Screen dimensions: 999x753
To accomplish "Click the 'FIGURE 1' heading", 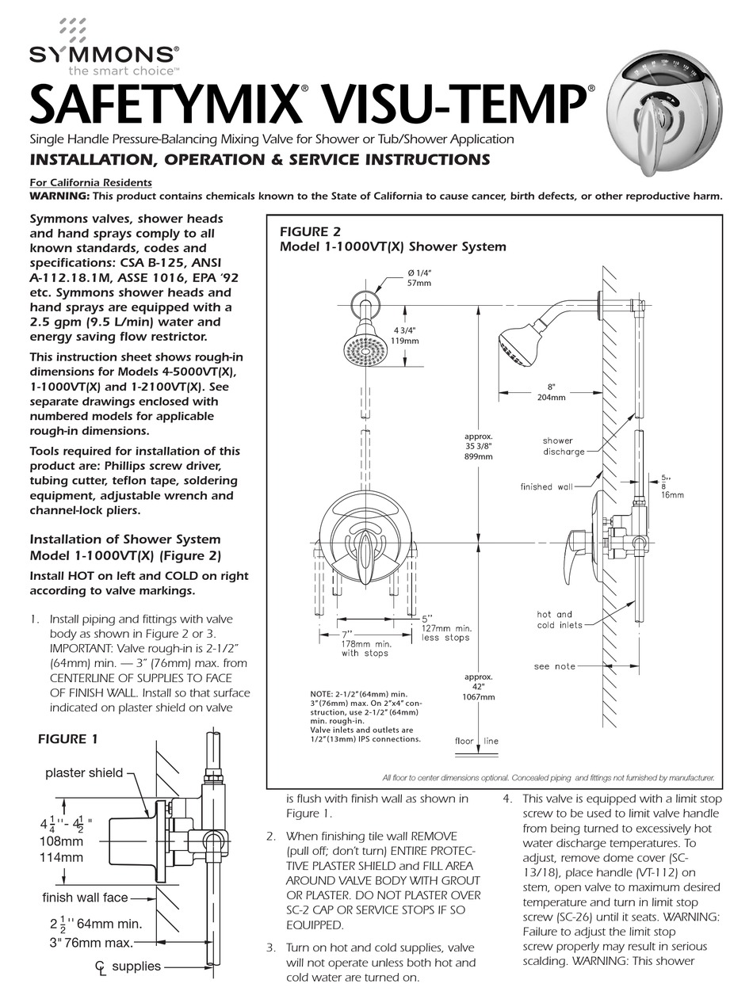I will point(68,739).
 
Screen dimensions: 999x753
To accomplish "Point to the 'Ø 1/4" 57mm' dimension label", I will point(419,276).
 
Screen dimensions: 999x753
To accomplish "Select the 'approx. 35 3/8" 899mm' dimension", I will point(479,446).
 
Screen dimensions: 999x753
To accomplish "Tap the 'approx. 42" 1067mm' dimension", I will point(479,687).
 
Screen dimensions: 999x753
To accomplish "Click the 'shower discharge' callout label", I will point(562,446).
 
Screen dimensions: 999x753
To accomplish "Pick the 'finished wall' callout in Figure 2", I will point(546,486).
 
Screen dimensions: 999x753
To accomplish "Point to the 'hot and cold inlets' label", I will point(558,620).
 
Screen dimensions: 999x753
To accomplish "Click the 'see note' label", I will point(554,666).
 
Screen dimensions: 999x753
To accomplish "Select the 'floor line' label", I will point(476,741).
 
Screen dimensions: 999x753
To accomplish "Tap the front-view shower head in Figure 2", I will point(365,346).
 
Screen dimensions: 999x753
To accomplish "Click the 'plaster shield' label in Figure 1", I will point(83,772).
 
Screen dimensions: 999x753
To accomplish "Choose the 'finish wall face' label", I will point(84,898).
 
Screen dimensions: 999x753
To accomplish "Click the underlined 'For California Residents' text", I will point(90,182).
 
